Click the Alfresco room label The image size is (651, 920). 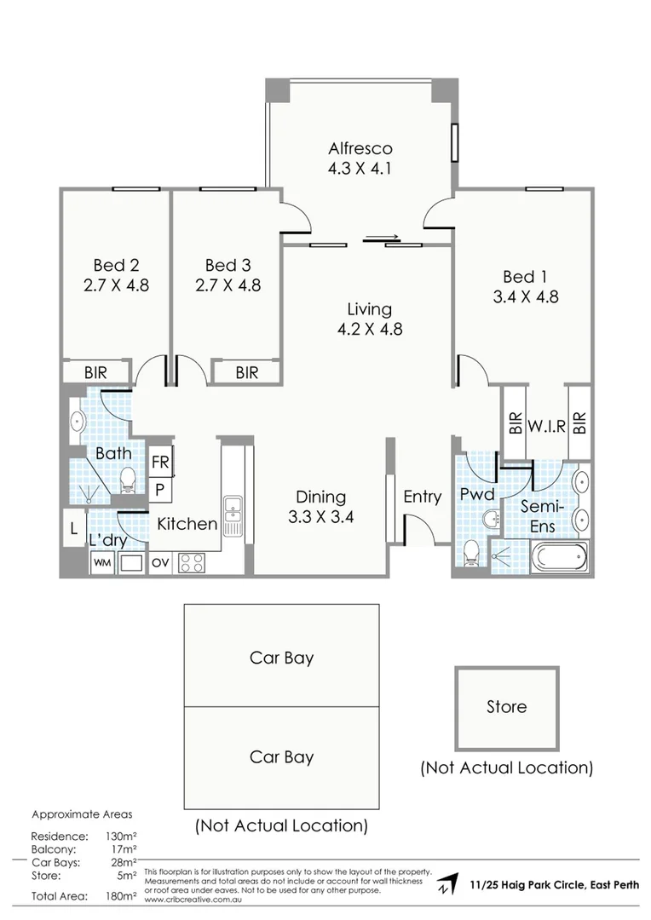click(360, 148)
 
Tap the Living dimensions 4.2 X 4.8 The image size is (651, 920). click(369, 329)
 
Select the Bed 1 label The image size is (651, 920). click(525, 277)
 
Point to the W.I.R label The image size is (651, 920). click(546, 426)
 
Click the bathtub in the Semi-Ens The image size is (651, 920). click(560, 560)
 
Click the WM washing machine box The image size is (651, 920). click(102, 562)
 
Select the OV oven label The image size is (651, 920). click(160, 562)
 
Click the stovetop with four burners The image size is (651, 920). click(191, 562)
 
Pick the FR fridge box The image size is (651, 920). click(160, 463)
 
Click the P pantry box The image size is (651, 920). click(160, 489)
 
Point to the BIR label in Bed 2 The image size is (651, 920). click(95, 372)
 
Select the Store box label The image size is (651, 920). click(506, 707)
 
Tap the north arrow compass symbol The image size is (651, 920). click(445, 887)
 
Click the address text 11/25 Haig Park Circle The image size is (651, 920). click(553, 885)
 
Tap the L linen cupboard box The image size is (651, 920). click(74, 528)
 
